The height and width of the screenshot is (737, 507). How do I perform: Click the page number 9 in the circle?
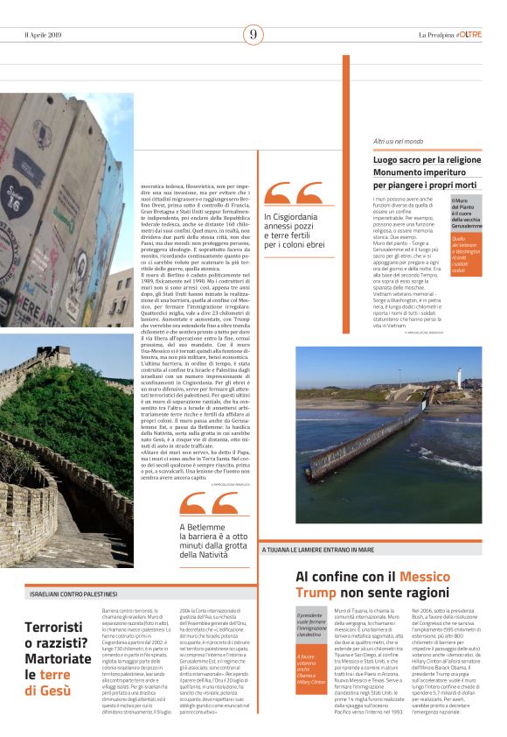pyautogui.click(x=253, y=35)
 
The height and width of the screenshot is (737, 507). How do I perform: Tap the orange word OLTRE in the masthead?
pyautogui.click(x=469, y=35)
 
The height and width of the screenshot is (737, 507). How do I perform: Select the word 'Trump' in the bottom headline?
pyautogui.click(x=316, y=593)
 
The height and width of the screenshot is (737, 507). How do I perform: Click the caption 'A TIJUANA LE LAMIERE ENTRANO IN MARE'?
pyautogui.click(x=318, y=550)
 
